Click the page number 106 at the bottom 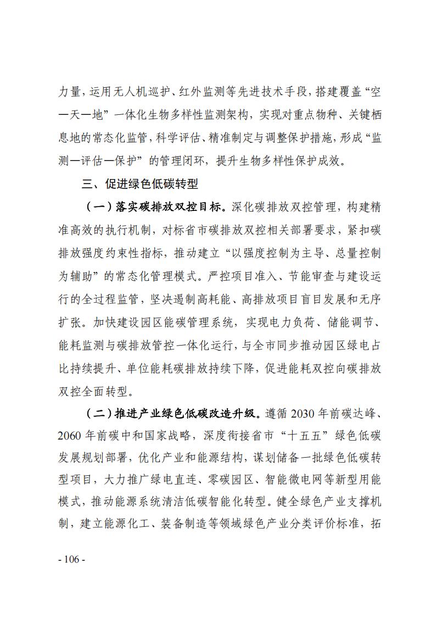[71, 559]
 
